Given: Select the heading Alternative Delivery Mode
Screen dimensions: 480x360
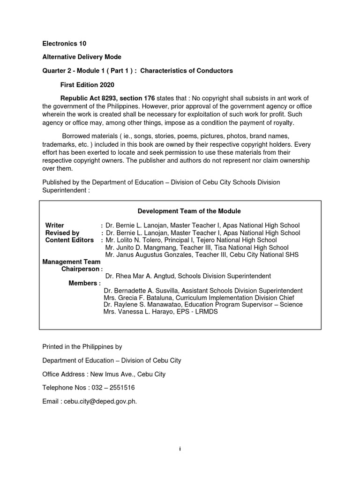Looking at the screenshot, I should click(x=82, y=57).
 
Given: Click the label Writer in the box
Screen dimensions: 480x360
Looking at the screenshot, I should click(x=54, y=225).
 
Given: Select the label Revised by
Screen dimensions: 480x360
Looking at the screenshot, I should click(x=62, y=233).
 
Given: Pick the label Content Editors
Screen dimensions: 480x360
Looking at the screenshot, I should click(x=69, y=240).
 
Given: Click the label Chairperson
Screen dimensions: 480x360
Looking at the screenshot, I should click(x=80, y=269).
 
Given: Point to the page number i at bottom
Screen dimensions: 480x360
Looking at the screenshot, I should click(x=180, y=449).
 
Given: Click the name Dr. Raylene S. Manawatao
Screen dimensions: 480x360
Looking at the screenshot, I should click(x=141, y=304).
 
